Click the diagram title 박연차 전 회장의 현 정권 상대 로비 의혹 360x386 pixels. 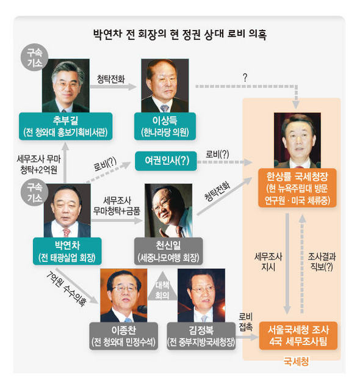click(x=180, y=34)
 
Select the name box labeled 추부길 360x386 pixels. click(x=66, y=126)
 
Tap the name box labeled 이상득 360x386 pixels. click(x=165, y=126)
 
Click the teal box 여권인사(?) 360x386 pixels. click(x=166, y=161)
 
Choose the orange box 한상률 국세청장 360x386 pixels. click(x=297, y=188)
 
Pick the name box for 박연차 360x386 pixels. click(x=67, y=251)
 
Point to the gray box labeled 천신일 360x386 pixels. click(x=168, y=251)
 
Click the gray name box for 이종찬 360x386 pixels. click(x=123, y=336)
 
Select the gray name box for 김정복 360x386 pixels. click(x=201, y=336)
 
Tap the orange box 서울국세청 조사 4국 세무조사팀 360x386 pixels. click(x=298, y=335)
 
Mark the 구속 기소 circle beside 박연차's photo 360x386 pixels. click(x=34, y=192)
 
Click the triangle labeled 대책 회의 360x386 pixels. click(x=162, y=289)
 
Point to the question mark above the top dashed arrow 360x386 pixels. click(x=245, y=78)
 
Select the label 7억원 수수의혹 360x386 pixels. click(x=66, y=288)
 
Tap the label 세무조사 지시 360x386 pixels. click(x=268, y=261)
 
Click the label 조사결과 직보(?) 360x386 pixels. click(x=322, y=261)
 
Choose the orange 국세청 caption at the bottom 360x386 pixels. click(x=296, y=362)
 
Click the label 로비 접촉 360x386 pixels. click(x=245, y=322)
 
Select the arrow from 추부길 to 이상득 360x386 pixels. click(x=113, y=87)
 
